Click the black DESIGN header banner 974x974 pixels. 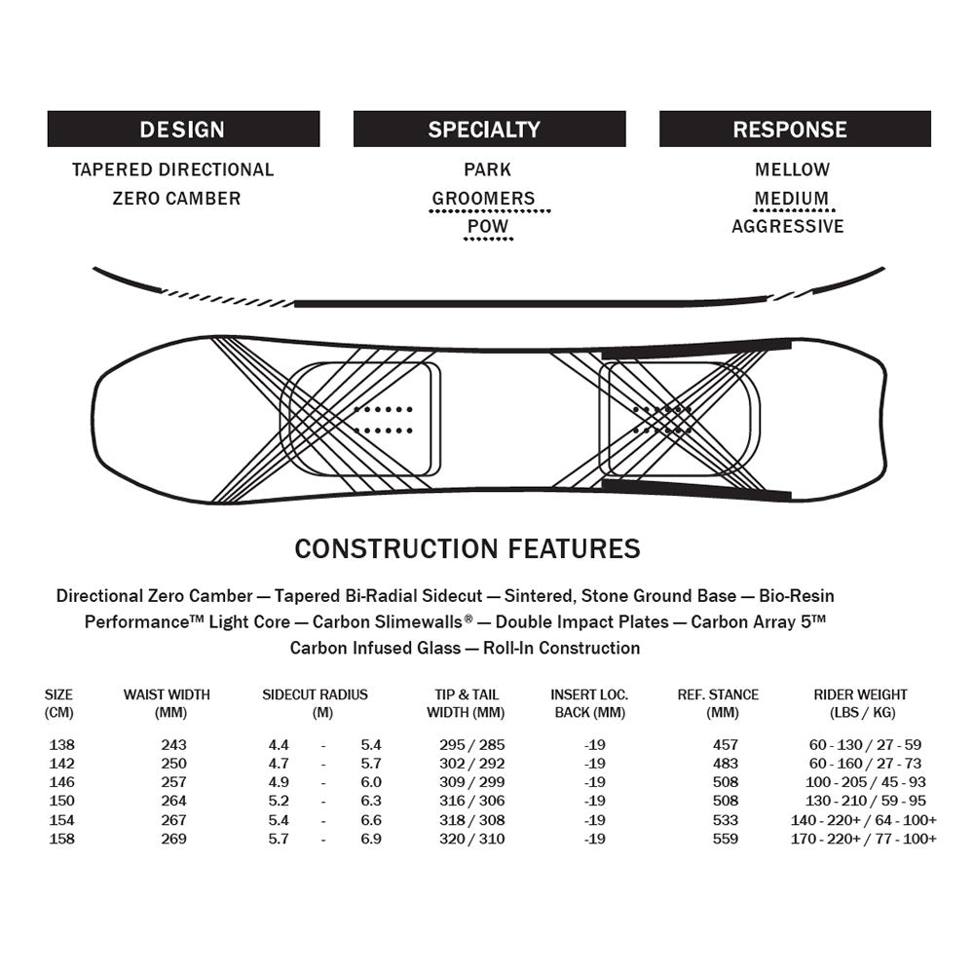(x=183, y=129)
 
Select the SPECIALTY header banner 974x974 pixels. (x=489, y=129)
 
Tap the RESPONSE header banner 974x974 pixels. (x=795, y=129)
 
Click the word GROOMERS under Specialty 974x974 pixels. (x=484, y=199)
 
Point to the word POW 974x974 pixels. (x=488, y=227)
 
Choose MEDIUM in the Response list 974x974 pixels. (x=792, y=199)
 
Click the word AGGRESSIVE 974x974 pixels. (x=788, y=227)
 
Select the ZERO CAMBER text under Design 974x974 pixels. (x=176, y=199)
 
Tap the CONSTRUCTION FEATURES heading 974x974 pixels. (x=468, y=548)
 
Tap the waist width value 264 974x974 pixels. (x=173, y=802)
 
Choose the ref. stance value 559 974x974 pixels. (x=725, y=839)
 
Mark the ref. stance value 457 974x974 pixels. (x=725, y=745)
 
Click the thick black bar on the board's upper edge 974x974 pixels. (x=695, y=348)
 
